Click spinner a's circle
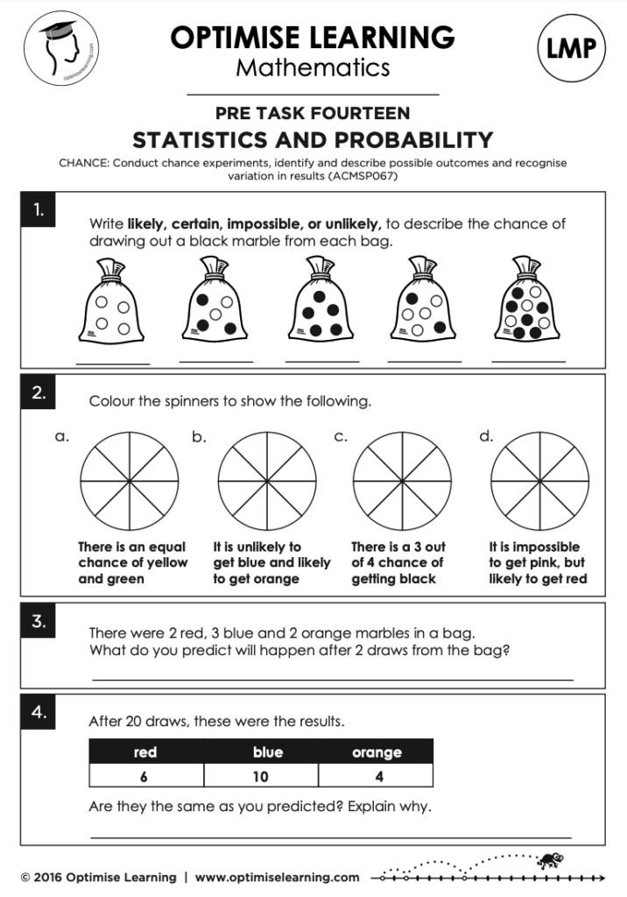[130, 482]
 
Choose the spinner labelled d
[539, 482]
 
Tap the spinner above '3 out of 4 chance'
[402, 482]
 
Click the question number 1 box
[38, 211]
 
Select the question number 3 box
[38, 622]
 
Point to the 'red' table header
[145, 752]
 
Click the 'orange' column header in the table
[377, 752]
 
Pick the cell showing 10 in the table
[261, 776]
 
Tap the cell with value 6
[145, 776]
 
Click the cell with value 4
[377, 776]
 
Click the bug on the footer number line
[552, 859]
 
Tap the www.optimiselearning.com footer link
[277, 877]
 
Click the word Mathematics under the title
[313, 67]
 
